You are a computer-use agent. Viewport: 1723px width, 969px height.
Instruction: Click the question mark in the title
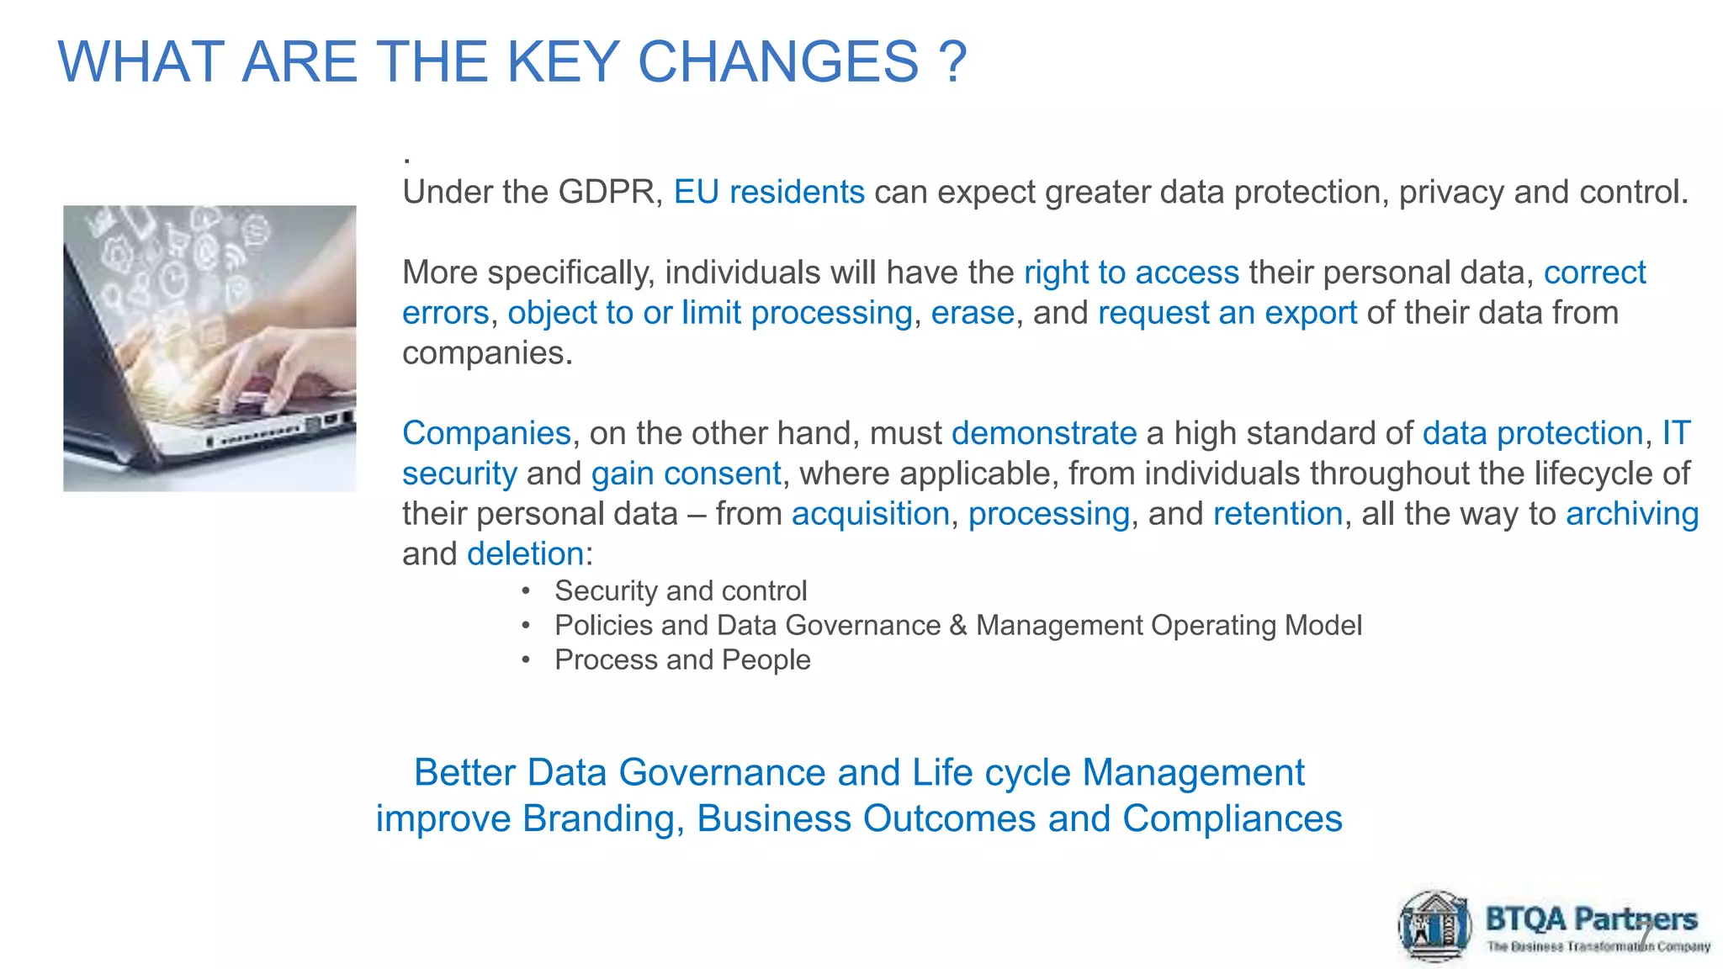pyautogui.click(x=952, y=61)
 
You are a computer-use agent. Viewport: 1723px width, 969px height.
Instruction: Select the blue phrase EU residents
pyautogui.click(x=769, y=193)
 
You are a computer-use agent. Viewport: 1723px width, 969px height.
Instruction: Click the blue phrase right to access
pyautogui.click(x=1131, y=273)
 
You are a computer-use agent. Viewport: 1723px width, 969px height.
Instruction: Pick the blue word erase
pyautogui.click(x=972, y=313)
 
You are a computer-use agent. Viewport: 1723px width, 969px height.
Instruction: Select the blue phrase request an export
pyautogui.click(x=1227, y=313)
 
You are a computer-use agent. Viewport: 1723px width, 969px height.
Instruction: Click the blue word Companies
pyautogui.click(x=486, y=433)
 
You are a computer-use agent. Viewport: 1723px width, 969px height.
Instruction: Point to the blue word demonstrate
pyautogui.click(x=1043, y=433)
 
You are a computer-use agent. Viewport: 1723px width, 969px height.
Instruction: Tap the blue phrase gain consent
pyautogui.click(x=686, y=474)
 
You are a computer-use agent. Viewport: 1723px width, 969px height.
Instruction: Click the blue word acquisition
pyautogui.click(x=870, y=514)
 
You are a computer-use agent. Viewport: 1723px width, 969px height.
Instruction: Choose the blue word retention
pyautogui.click(x=1277, y=514)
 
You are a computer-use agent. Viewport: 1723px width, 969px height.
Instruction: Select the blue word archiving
pyautogui.click(x=1631, y=514)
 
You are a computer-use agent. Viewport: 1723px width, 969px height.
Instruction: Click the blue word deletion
pyautogui.click(x=525, y=554)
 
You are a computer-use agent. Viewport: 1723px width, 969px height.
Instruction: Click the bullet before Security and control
pyautogui.click(x=526, y=591)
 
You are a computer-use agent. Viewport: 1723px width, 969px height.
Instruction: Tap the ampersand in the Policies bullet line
pyautogui.click(x=957, y=626)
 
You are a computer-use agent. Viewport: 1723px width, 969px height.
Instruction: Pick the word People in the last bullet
pyautogui.click(x=766, y=660)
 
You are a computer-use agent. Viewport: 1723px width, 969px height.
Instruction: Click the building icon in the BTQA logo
pyautogui.click(x=1435, y=926)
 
